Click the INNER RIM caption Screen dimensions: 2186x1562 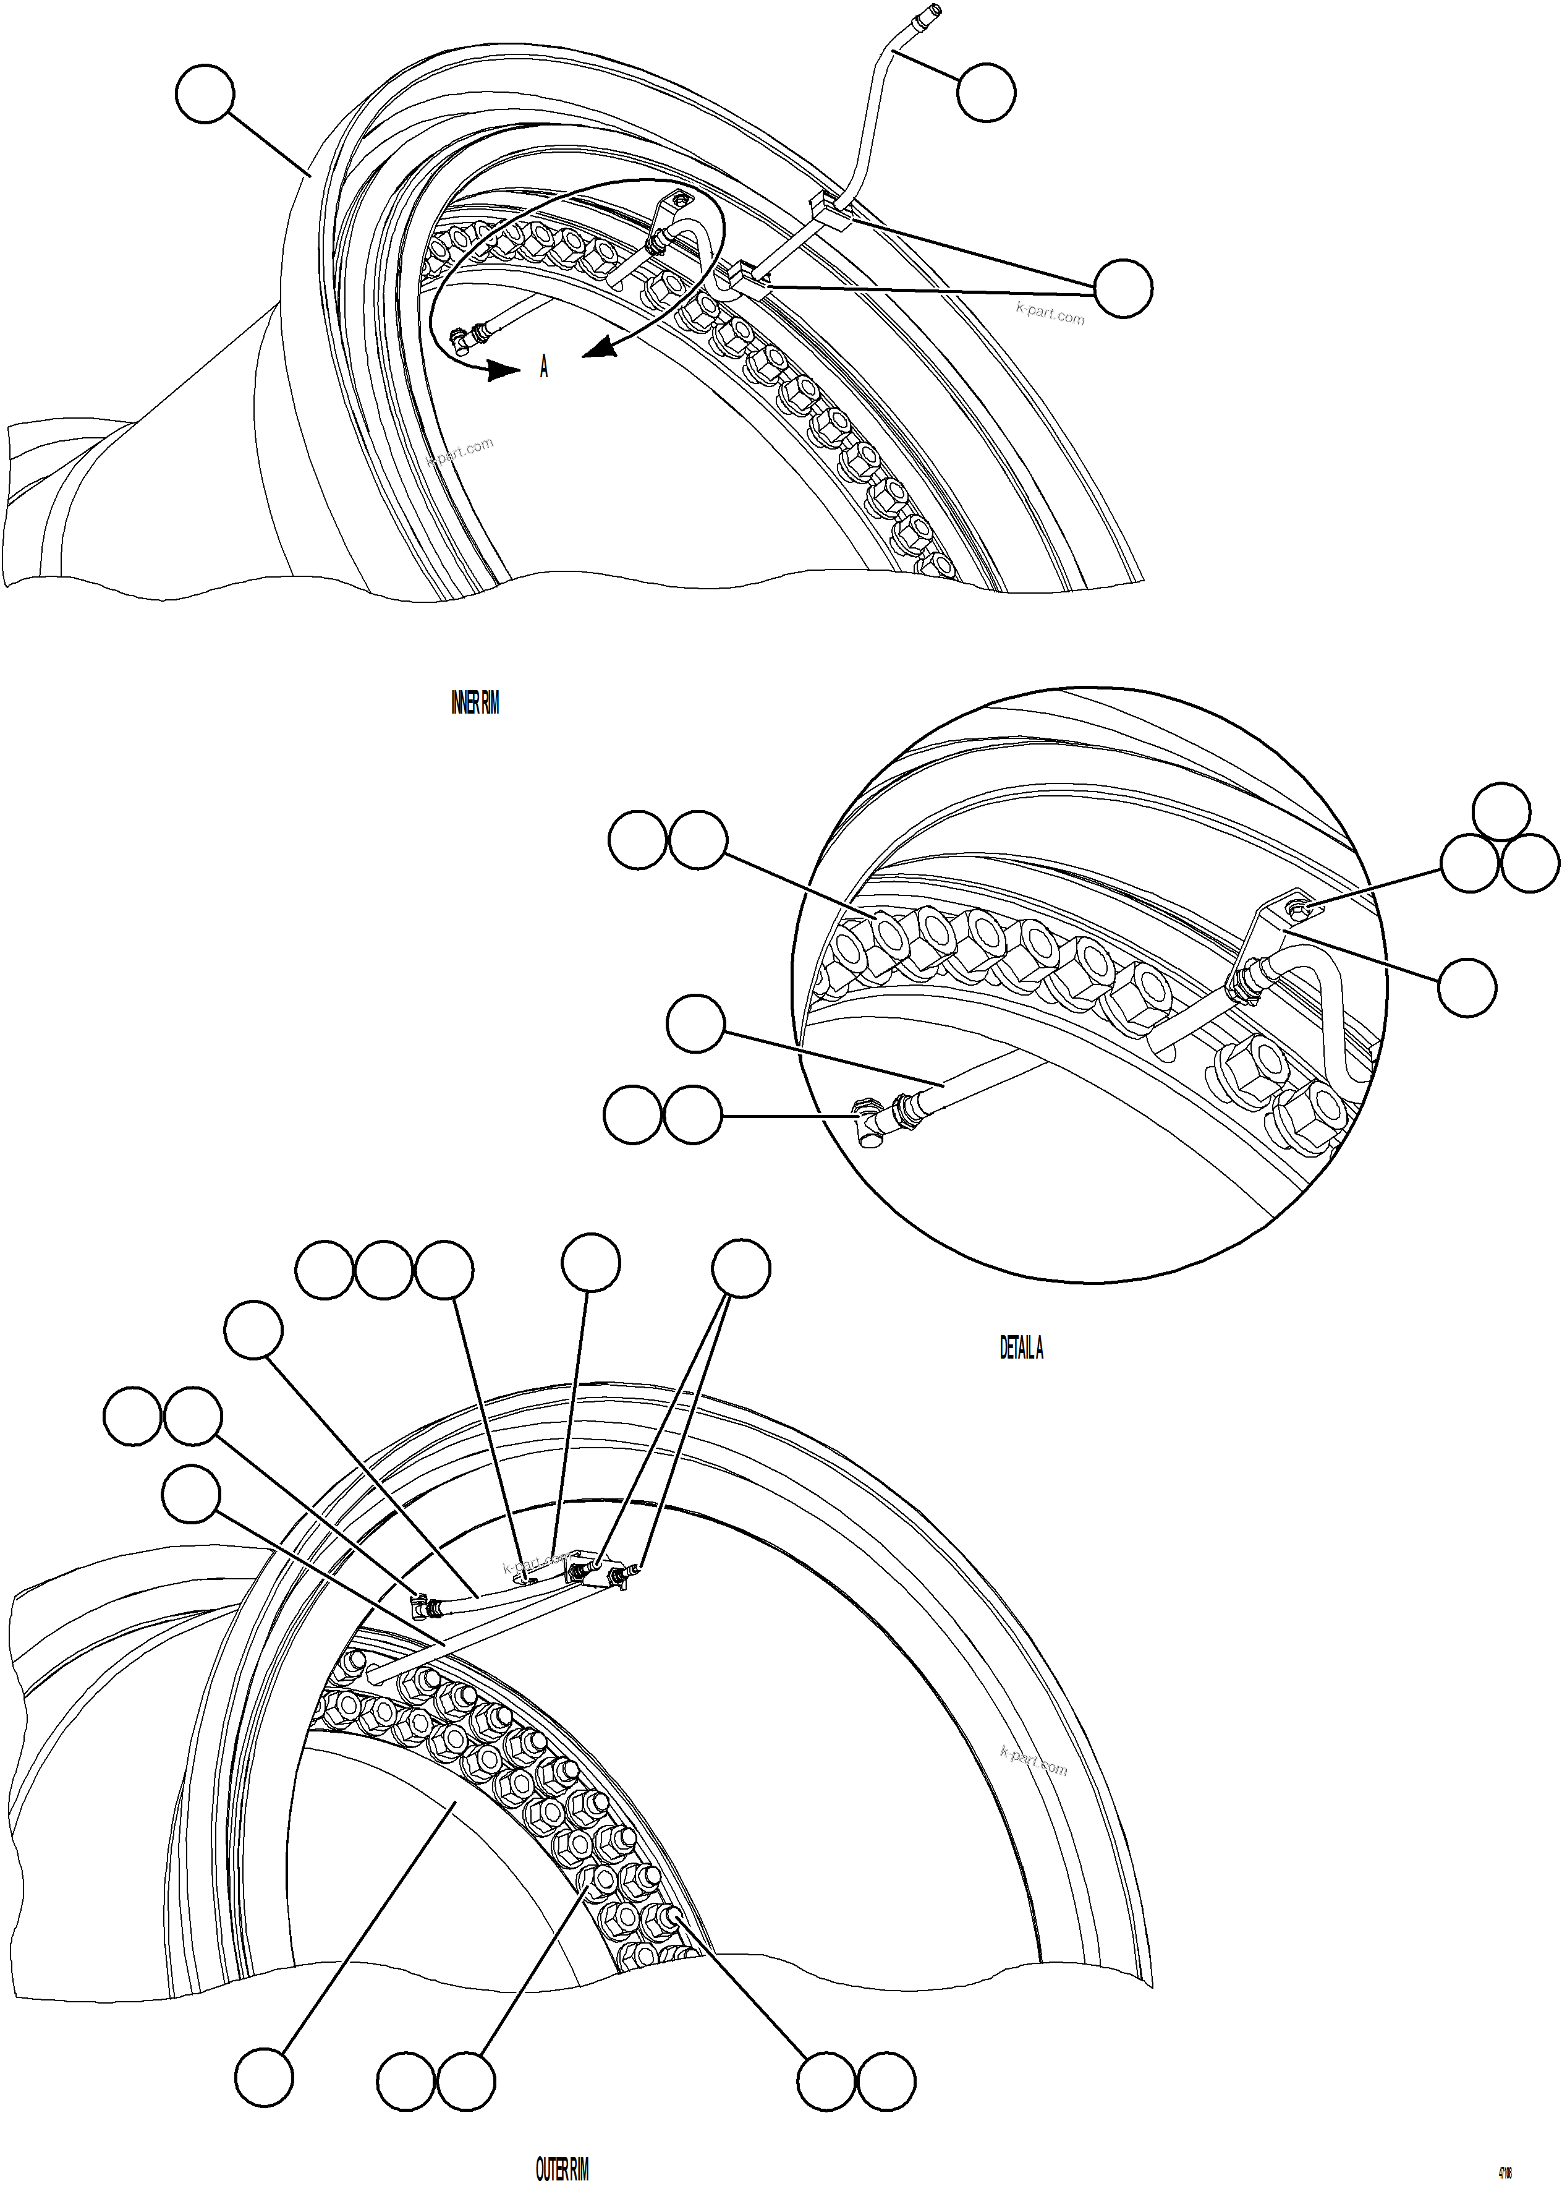pyautogui.click(x=475, y=703)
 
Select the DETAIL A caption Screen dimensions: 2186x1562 pyautogui.click(x=1022, y=1348)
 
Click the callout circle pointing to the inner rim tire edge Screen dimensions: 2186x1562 pyautogui.click(x=205, y=93)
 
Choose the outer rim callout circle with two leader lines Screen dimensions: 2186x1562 pyautogui.click(x=741, y=1269)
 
